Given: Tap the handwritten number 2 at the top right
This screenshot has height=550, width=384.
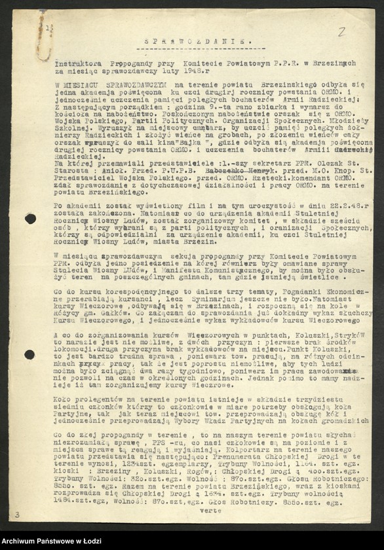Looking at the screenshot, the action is pyautogui.click(x=341, y=31).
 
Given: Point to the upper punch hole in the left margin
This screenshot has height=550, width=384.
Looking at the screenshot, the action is pyautogui.click(x=30, y=219).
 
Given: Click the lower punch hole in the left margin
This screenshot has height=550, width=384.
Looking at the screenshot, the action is pyautogui.click(x=29, y=354).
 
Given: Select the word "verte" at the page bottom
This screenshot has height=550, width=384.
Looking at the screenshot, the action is pyautogui.click(x=211, y=509).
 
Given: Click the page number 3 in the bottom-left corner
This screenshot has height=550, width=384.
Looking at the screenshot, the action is pyautogui.click(x=17, y=516).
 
